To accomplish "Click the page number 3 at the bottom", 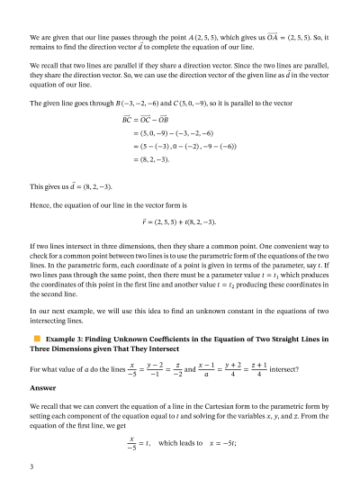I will [31, 466].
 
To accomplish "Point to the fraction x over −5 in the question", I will [133, 369].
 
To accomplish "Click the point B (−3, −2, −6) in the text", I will [128, 104].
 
